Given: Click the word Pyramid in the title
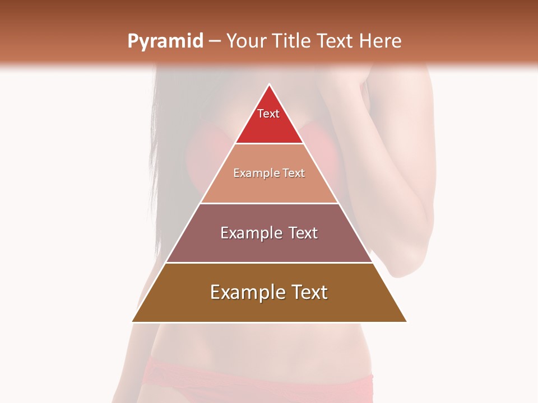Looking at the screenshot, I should pyautogui.click(x=165, y=41).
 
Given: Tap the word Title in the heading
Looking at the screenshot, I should pyautogui.click(x=291, y=41).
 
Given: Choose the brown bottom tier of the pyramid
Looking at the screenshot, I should pyautogui.click(x=270, y=308).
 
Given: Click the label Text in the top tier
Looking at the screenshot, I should pyautogui.click(x=268, y=114).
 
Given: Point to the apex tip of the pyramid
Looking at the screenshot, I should pyautogui.click(x=270, y=85).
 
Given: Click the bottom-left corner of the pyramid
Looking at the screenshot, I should pyautogui.click(x=133, y=321).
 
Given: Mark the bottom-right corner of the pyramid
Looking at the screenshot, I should pyautogui.click(x=406, y=321).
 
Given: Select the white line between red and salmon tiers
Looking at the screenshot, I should pyautogui.click(x=270, y=144).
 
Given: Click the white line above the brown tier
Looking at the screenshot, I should pyautogui.click(x=270, y=263).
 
